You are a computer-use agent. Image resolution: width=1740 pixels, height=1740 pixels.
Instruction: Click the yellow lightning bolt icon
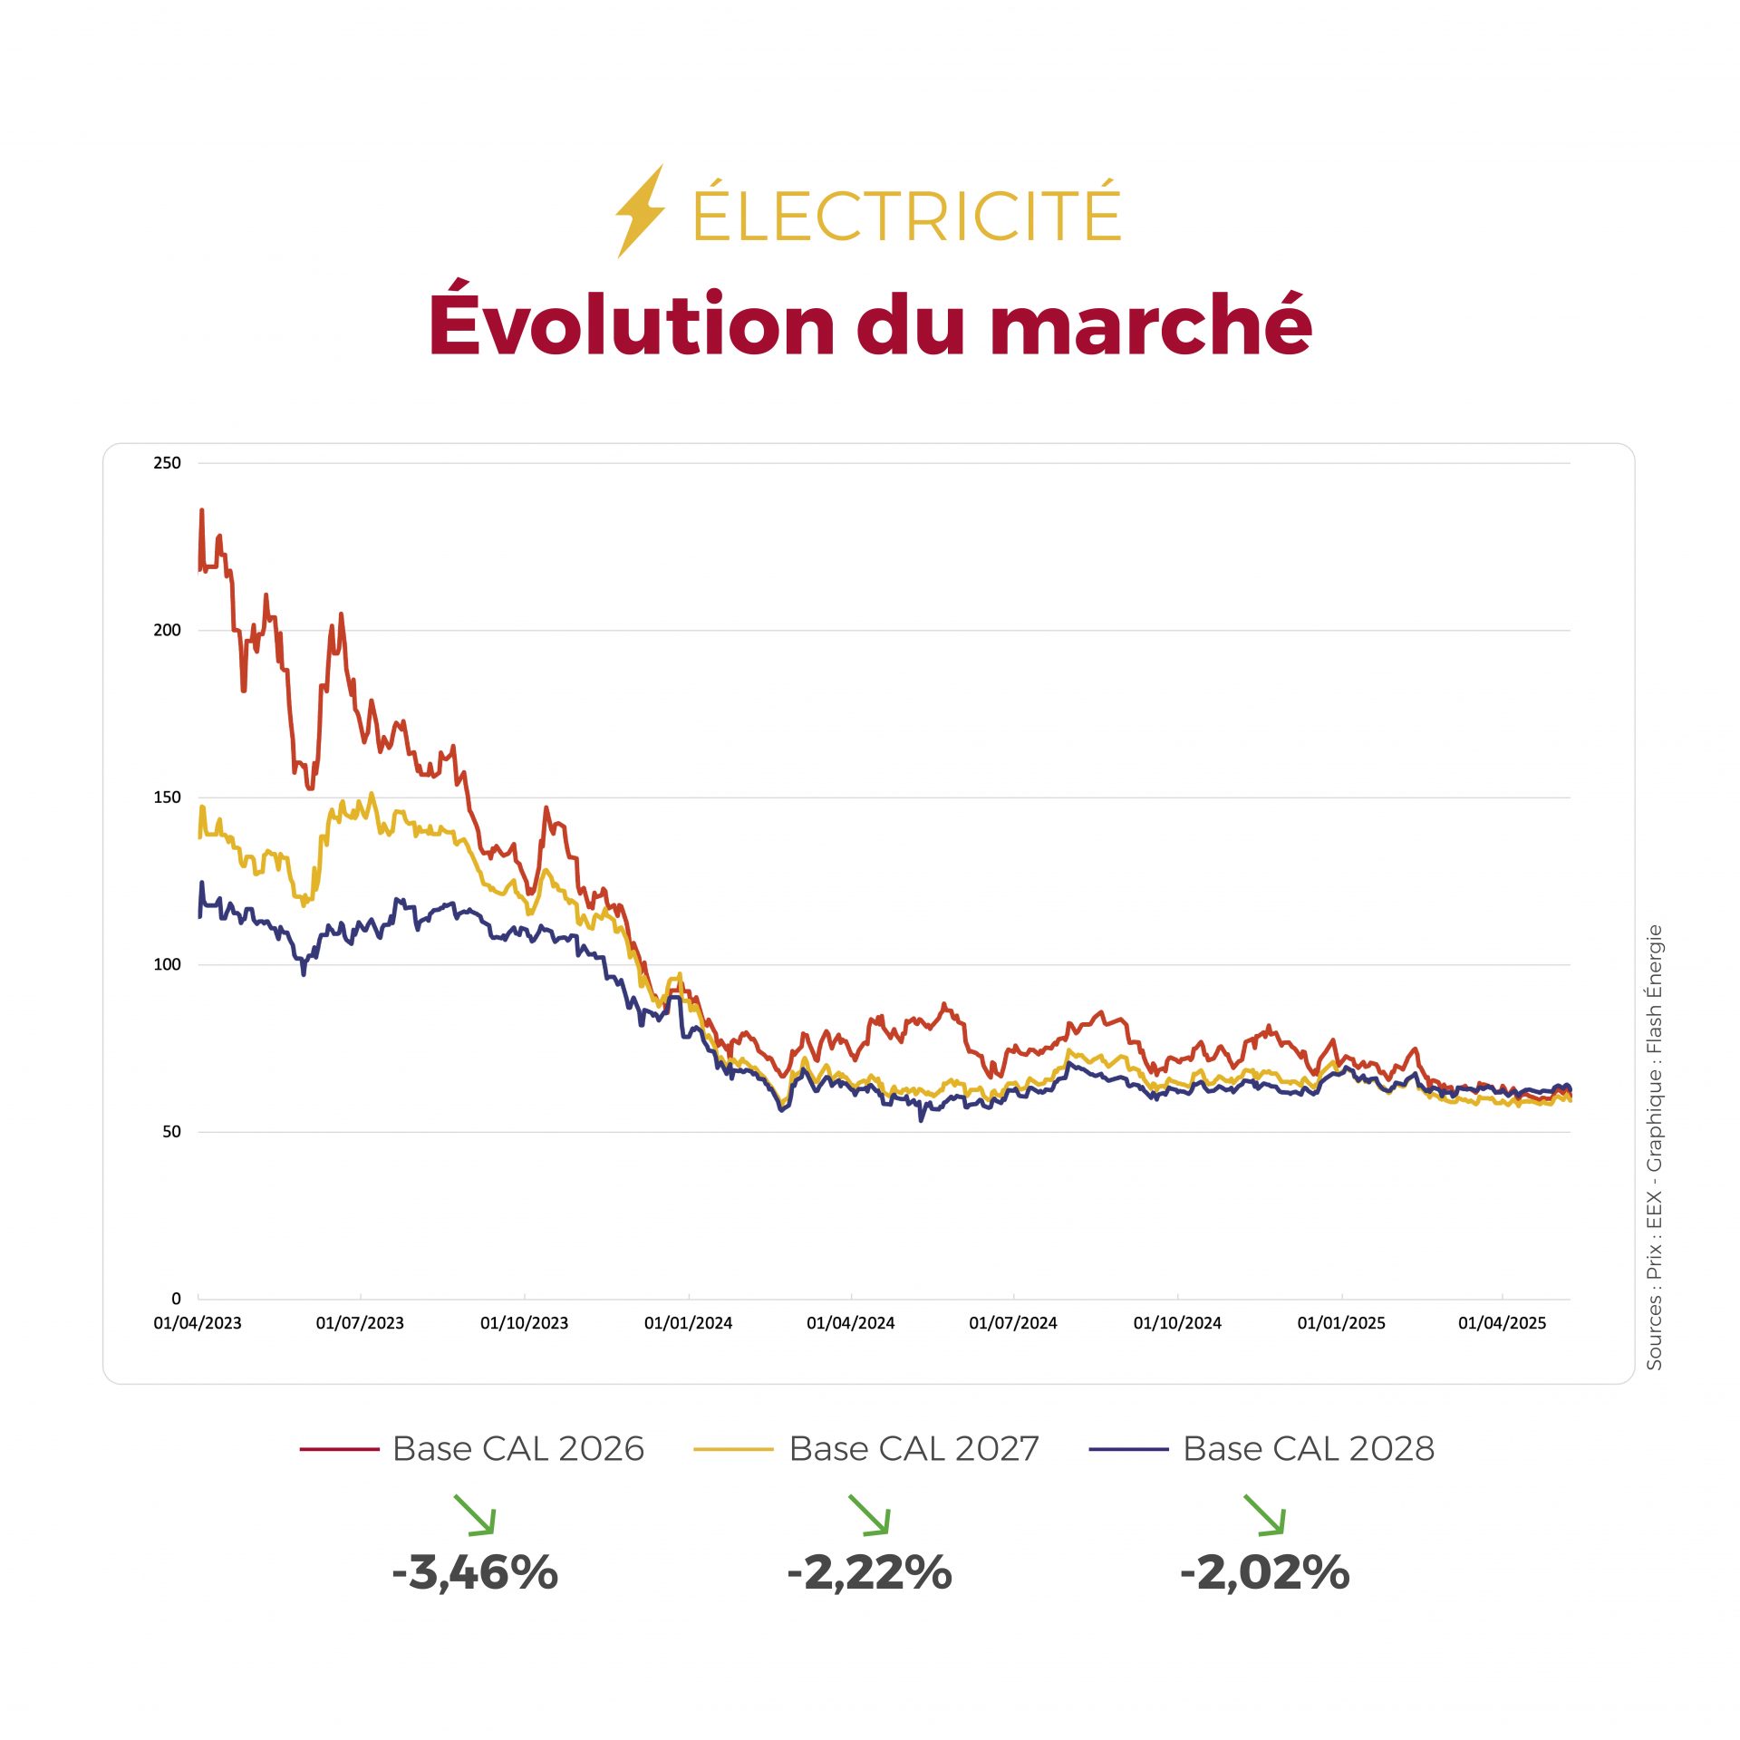640,211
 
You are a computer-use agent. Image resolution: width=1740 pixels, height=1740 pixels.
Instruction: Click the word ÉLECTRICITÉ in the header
906,215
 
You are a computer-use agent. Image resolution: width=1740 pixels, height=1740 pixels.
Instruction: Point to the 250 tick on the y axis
167,463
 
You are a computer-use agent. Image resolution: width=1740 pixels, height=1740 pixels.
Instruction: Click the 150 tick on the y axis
167,797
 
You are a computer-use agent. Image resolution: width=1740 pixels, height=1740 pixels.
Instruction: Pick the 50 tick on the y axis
171,1132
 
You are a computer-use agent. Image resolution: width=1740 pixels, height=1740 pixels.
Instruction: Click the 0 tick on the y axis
176,1299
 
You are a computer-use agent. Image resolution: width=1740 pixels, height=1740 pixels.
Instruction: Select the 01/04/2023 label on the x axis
198,1323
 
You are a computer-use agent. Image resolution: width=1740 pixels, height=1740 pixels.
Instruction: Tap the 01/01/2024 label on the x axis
688,1323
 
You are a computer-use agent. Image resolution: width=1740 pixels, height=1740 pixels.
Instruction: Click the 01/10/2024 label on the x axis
1177,1323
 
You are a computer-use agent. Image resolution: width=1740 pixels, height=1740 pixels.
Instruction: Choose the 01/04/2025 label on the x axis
1502,1323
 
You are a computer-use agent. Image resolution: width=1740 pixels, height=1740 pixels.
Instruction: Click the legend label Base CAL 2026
517,1449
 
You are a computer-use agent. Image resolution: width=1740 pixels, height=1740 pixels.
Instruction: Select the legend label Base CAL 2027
913,1449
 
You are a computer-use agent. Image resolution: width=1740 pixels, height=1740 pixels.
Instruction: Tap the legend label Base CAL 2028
1309,1449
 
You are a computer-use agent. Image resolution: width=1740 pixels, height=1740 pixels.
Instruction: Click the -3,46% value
475,1572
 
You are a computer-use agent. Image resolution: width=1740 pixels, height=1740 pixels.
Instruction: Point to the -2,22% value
870,1572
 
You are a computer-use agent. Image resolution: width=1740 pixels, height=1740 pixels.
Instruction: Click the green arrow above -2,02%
1264,1515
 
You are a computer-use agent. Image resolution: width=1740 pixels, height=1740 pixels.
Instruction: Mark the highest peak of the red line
201,510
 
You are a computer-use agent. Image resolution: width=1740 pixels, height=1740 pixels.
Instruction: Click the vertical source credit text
1654,1146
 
